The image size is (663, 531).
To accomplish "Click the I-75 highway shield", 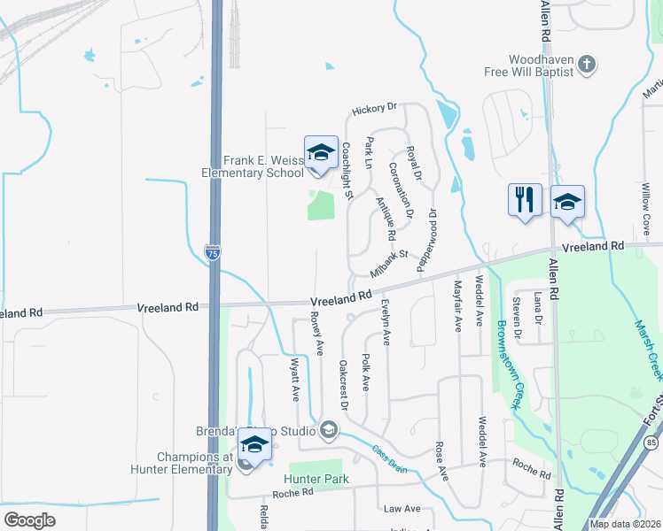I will pos(213,253).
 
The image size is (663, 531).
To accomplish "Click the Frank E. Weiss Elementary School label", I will pos(263,166).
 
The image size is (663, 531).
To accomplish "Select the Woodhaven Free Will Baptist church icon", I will pos(585,65).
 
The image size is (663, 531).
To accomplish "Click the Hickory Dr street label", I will pos(373,109).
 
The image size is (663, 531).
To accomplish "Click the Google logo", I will pos(29,519).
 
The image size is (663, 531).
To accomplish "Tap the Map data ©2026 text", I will pos(624,524).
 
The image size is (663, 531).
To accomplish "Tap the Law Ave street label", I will pos(402,509).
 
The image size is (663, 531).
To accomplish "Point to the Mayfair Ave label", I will pos(457,305).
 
